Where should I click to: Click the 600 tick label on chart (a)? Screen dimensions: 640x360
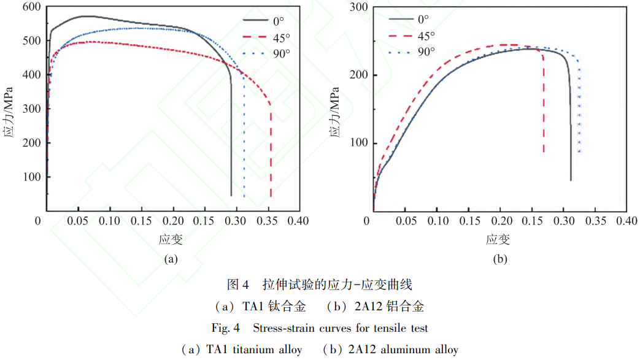[x=31, y=7]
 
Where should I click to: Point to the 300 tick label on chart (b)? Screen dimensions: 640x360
[x=359, y=7]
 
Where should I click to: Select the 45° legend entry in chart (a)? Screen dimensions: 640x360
[x=266, y=37]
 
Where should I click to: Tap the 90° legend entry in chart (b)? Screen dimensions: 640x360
[x=412, y=52]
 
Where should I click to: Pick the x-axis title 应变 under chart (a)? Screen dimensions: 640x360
[x=171, y=239]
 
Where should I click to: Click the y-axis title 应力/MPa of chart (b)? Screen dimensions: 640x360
[x=334, y=112]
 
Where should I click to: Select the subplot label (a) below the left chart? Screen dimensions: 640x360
[x=171, y=259]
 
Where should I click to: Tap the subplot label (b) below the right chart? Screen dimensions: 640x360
[x=500, y=259]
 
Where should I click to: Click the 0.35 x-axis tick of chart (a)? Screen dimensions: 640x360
[x=267, y=221]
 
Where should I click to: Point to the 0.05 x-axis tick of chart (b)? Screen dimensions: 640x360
[x=406, y=221]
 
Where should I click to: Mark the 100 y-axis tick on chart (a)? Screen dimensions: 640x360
[x=31, y=177]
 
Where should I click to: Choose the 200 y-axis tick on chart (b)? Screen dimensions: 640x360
[x=359, y=75]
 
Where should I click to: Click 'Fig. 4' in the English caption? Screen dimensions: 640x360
[x=225, y=327]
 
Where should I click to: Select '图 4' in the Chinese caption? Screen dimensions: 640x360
[x=237, y=285]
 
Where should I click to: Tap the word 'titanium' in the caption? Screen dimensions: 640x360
[x=252, y=350]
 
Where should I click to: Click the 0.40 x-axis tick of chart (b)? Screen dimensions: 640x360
[x=627, y=221]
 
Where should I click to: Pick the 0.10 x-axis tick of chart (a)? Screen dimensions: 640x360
[x=109, y=221]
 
